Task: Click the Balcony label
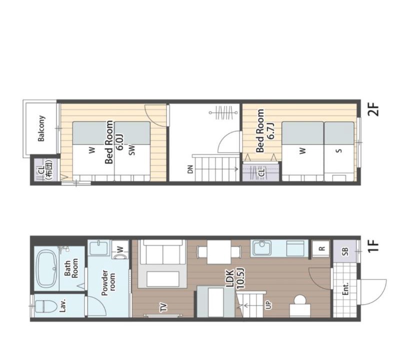[41, 128]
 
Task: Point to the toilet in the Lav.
[45, 306]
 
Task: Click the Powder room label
[108, 283]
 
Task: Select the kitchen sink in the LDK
[262, 248]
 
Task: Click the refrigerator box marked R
[321, 248]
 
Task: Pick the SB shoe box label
[345, 251]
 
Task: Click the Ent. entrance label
[345, 288]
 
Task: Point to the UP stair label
[268, 305]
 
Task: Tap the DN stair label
[190, 169]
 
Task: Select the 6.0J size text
[120, 142]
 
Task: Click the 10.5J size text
[240, 278]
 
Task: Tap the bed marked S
[339, 151]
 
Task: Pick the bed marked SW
[132, 151]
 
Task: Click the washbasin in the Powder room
[99, 247]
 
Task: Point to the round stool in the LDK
[300, 300]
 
